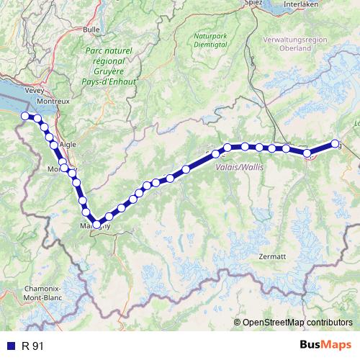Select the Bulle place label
click(x=91, y=30)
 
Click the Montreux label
click(x=53, y=101)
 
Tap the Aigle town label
click(x=68, y=144)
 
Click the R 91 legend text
click(x=33, y=346)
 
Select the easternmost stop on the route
click(x=335, y=143)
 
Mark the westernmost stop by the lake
click(x=25, y=116)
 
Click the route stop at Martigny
click(x=96, y=225)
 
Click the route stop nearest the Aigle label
click(x=55, y=145)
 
